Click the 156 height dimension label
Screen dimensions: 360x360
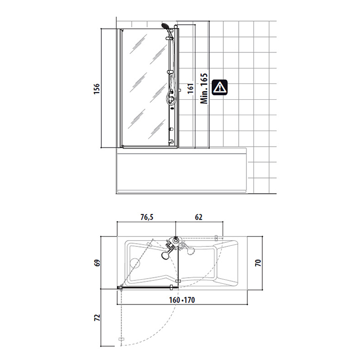pyautogui.click(x=97, y=88)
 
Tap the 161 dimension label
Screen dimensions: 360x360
pyautogui.click(x=191, y=88)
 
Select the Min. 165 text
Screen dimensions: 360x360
pyautogui.click(x=204, y=88)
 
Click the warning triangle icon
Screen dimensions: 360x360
pyautogui.click(x=220, y=87)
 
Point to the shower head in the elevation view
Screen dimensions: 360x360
pyautogui.click(x=165, y=26)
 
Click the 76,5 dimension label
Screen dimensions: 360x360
pyautogui.click(x=147, y=217)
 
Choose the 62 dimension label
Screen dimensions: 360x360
pyautogui.click(x=199, y=217)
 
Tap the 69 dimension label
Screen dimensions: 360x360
pyautogui.click(x=98, y=263)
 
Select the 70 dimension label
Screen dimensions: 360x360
pyautogui.click(x=258, y=263)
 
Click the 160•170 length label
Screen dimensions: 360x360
pyautogui.click(x=182, y=300)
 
